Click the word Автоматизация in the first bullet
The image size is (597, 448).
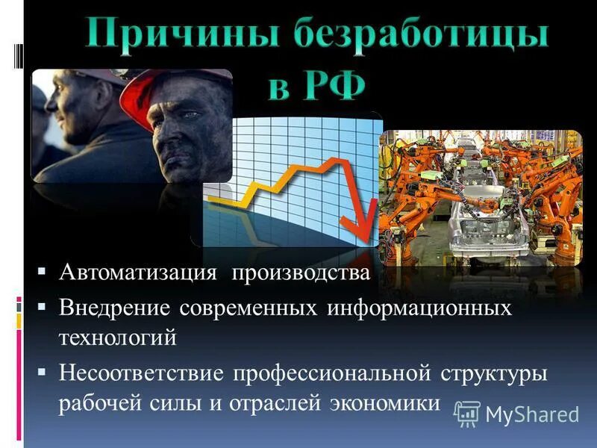point(139,272)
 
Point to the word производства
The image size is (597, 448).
point(300,272)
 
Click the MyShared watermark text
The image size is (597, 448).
point(532,414)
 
